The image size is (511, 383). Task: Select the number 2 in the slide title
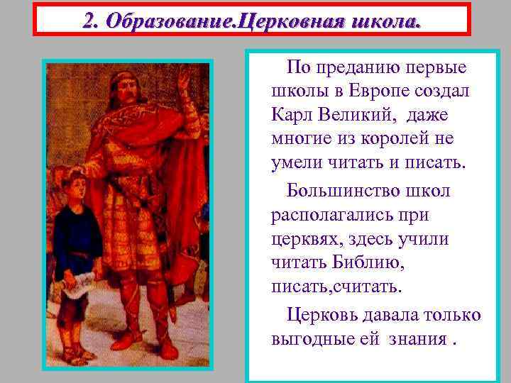click(88, 21)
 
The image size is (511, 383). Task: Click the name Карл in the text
click(292, 114)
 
